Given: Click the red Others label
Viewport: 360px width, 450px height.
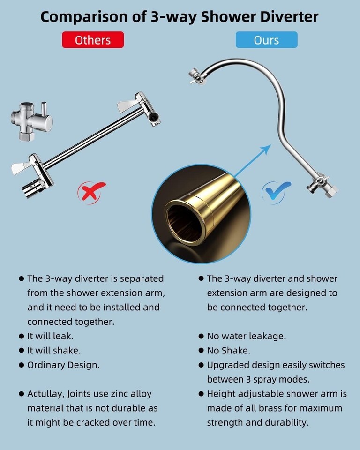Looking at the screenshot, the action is pyautogui.click(x=93, y=40).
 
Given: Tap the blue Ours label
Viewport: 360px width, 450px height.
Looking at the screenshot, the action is pyautogui.click(x=266, y=40).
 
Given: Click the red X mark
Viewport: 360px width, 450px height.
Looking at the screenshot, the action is pyautogui.click(x=91, y=192).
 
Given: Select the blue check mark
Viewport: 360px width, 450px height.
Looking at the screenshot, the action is pyautogui.click(x=276, y=192).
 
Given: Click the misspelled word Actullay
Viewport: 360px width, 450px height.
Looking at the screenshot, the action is pyautogui.click(x=45, y=394).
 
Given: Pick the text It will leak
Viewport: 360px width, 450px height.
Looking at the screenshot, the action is pyautogui.click(x=51, y=336).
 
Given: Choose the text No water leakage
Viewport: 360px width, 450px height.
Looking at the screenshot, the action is pyautogui.click(x=247, y=336).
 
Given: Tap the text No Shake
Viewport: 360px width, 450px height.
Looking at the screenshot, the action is pyautogui.click(x=229, y=351).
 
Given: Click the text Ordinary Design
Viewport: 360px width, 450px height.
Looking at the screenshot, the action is pyautogui.click(x=63, y=365).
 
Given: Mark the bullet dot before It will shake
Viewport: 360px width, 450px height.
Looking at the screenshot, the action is pyautogui.click(x=22, y=351).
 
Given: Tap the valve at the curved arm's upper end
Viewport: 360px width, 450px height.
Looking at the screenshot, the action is pyautogui.click(x=197, y=76).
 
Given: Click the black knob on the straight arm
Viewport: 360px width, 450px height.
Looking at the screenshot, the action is pyautogui.click(x=154, y=117).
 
